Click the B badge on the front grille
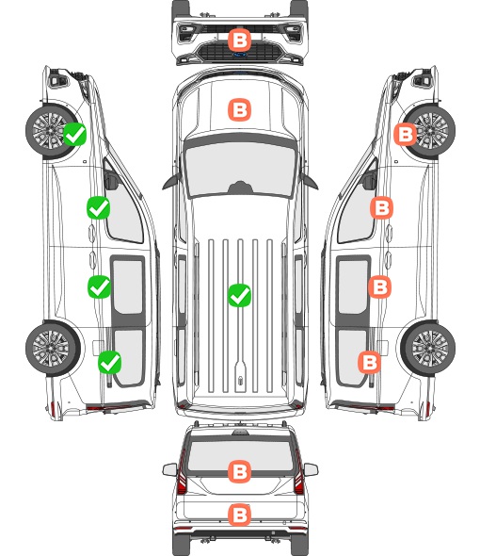click(239, 41)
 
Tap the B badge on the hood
click(239, 109)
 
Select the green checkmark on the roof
click(239, 295)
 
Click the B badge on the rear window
click(239, 471)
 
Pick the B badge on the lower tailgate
click(239, 515)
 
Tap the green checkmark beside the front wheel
click(74, 134)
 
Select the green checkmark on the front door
click(98, 207)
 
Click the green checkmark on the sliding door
click(99, 286)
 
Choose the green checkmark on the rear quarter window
click(110, 362)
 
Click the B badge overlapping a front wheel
click(406, 134)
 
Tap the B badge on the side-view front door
click(381, 207)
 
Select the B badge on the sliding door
click(379, 286)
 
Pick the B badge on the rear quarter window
click(370, 362)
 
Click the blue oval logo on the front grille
click(239, 55)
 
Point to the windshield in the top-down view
click(240, 169)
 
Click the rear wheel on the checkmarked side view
click(53, 348)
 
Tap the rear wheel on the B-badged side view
click(428, 348)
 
